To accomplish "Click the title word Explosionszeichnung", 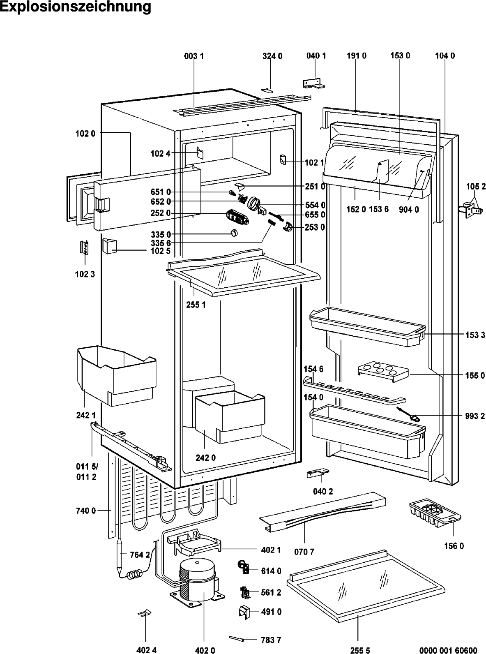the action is coord(76,7).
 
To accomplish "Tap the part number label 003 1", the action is coord(194,56).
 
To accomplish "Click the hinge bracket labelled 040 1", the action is coord(313,83).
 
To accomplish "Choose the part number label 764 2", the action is coord(140,555).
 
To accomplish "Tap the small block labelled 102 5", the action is coord(109,246).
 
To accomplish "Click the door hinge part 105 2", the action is coord(470,210).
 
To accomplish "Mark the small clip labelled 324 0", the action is coord(267,90).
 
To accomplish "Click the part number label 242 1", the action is coord(86,415).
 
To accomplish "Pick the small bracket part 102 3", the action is coord(84,248).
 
